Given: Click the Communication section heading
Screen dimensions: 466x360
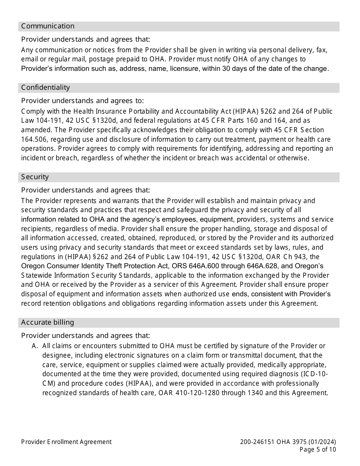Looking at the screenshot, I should [x=48, y=26].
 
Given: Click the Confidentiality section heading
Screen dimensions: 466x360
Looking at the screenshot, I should [x=45, y=88].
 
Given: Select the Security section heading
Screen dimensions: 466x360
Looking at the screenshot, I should [x=35, y=177].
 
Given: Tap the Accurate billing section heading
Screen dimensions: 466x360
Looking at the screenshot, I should [x=47, y=322].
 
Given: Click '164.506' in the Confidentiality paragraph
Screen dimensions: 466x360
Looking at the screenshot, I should [x=33, y=139].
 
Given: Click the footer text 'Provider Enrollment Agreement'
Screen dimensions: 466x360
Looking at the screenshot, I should [x=66, y=442].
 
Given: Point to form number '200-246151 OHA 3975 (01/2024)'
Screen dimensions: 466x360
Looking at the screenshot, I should [x=288, y=442].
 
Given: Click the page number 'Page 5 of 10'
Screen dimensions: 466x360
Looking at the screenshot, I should [x=318, y=450].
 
